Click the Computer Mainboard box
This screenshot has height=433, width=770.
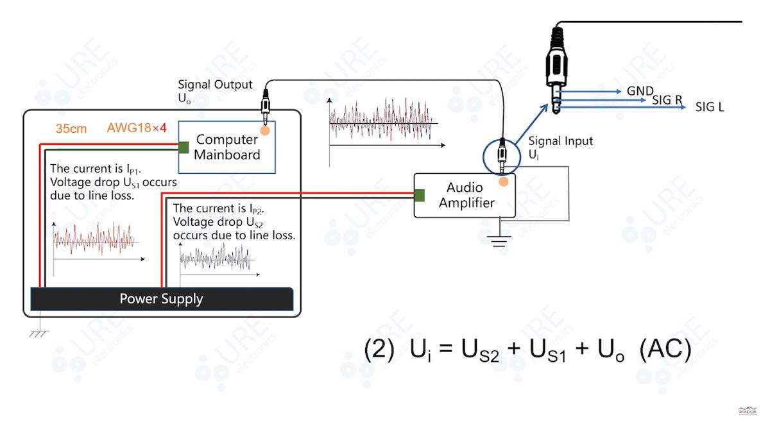[227, 147]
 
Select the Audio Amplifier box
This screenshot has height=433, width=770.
[465, 195]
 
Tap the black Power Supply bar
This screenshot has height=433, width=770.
[161, 299]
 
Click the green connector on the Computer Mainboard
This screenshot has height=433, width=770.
[183, 148]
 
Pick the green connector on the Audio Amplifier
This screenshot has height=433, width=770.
[419, 195]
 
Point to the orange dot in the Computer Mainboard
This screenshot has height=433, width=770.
[264, 129]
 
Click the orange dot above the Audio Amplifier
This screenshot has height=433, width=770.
[504, 182]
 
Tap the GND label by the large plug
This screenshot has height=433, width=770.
[640, 92]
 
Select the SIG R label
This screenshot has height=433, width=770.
[667, 100]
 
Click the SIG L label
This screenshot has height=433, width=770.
[709, 107]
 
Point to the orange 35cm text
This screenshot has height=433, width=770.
[71, 129]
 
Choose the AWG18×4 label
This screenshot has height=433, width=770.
[137, 128]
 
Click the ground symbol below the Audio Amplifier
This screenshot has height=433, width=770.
[499, 240]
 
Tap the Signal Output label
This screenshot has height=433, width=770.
[215, 85]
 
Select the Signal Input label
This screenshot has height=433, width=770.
[560, 141]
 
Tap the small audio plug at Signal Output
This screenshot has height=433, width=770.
[264, 101]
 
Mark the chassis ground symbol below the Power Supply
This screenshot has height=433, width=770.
[40, 332]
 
